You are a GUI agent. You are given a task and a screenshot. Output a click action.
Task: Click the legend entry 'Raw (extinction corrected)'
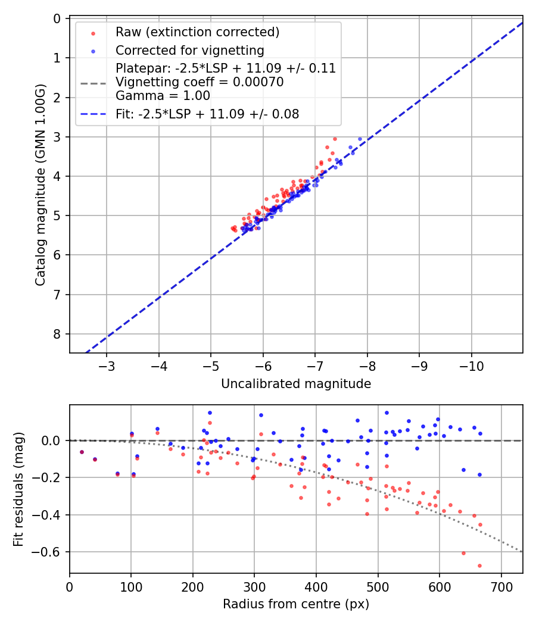point(197,32)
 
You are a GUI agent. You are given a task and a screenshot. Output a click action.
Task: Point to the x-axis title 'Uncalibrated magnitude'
point(296,384)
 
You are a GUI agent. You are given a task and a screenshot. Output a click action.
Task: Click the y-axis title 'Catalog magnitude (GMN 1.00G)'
point(40,186)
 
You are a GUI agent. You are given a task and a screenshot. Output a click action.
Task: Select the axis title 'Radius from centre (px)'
point(296,605)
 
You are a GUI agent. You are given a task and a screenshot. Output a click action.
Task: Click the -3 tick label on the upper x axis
point(107,364)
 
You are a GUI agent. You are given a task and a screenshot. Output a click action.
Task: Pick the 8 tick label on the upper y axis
point(57,334)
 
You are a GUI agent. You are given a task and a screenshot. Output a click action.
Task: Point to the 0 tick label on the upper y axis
point(57,18)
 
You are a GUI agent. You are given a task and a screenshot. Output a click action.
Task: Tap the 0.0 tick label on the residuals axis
point(54,440)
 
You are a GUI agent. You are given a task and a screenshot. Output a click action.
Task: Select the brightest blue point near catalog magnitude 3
point(360,139)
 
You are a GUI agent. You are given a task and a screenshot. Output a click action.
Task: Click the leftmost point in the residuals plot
point(82,452)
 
